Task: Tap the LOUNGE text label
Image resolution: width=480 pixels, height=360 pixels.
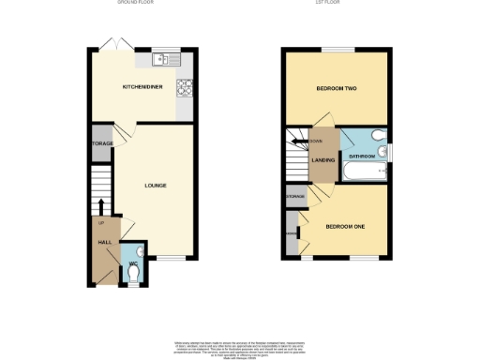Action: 156,186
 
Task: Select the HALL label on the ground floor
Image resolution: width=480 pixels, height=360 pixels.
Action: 105,243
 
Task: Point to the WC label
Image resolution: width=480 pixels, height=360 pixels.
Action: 132,250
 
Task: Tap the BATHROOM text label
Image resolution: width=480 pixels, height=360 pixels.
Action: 362,156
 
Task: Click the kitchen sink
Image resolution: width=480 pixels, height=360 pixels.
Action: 162,59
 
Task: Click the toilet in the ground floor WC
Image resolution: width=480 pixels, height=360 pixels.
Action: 133,270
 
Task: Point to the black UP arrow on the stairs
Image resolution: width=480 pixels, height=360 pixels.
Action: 101,205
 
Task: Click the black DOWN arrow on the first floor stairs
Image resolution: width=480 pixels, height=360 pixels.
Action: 298,142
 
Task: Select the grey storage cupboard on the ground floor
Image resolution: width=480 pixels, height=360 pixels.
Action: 102,143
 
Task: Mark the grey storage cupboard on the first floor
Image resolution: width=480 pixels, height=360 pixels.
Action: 295,196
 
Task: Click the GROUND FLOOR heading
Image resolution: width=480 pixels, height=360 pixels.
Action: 135,4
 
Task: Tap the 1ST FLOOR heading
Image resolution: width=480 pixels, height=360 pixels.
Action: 337,4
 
